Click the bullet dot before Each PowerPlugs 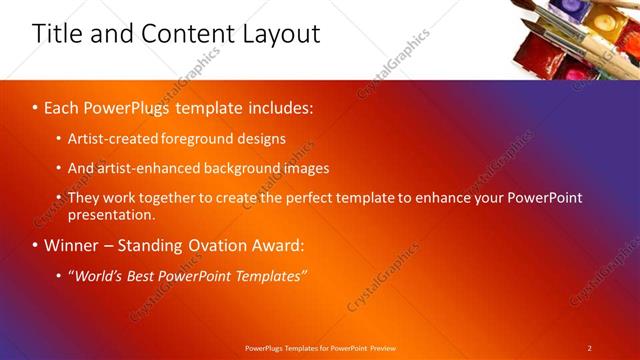point(37,106)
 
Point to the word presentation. point(111,213)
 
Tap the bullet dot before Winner point(37,245)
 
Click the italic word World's point(101,275)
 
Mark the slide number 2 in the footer point(589,347)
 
